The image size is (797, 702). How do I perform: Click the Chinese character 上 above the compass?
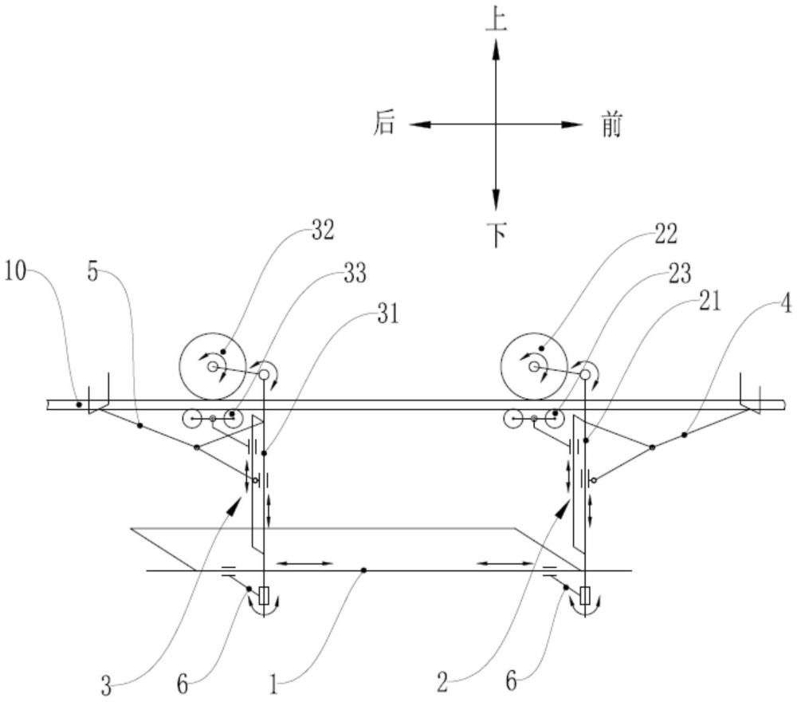pyautogui.click(x=496, y=20)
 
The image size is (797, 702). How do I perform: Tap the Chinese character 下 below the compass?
pyautogui.click(x=496, y=234)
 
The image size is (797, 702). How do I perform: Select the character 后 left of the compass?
pyautogui.click(x=385, y=124)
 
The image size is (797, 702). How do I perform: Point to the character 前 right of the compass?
pyautogui.click(x=611, y=125)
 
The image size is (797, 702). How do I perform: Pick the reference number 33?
pyautogui.click(x=354, y=273)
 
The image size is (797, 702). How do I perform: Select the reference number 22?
pyautogui.click(x=664, y=234)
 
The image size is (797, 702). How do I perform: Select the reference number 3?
pyautogui.click(x=106, y=684)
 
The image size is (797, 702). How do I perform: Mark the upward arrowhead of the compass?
pyautogui.click(x=496, y=48)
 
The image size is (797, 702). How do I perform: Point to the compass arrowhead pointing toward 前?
pyautogui.click(x=575, y=124)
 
